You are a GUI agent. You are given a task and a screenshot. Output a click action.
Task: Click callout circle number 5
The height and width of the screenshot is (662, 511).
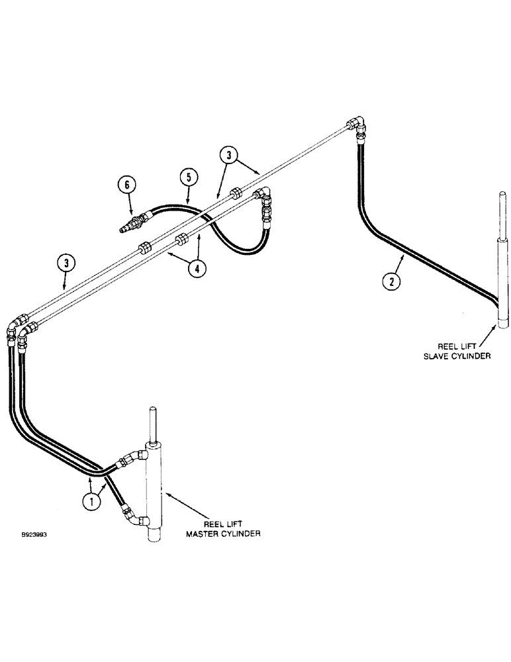coord(188,177)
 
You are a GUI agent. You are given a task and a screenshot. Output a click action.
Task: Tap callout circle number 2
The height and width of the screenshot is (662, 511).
coord(391,281)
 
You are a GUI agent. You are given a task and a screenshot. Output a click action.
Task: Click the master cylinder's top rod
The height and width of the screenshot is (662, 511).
coord(152,424)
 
